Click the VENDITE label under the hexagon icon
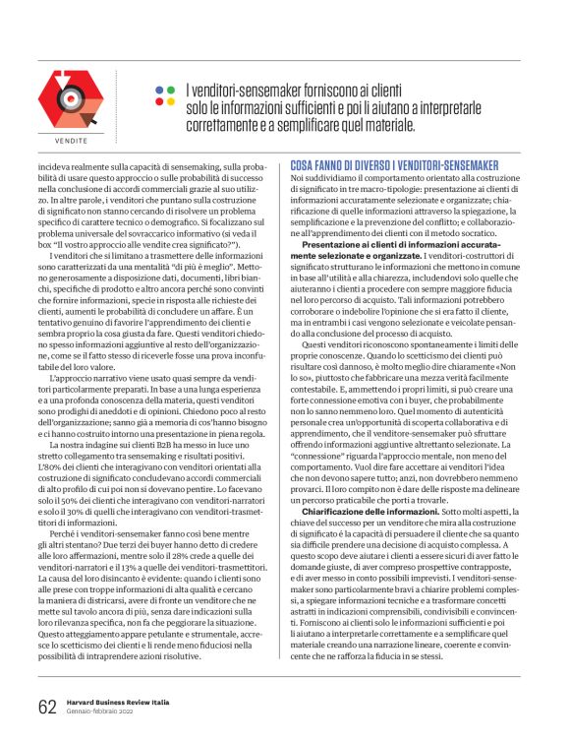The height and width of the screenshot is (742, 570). click(71, 141)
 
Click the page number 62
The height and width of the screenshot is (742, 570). click(47, 707)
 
